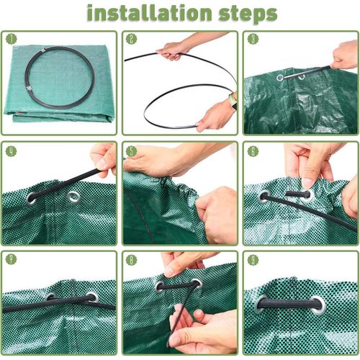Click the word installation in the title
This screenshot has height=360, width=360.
pyautogui.click(x=148, y=13)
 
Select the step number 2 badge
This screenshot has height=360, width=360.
pyautogui.click(x=131, y=39)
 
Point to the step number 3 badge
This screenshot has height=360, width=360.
pyautogui.click(x=252, y=39)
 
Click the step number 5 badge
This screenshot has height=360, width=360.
pyautogui.click(x=131, y=151)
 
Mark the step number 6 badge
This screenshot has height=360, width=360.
pyautogui.click(x=252, y=151)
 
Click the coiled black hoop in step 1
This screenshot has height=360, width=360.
pyautogui.click(x=58, y=78)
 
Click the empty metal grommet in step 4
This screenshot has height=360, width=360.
pyautogui.click(x=73, y=196)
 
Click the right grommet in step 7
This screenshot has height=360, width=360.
pyautogui.click(x=91, y=297)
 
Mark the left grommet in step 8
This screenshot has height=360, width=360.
pyautogui.click(x=161, y=286)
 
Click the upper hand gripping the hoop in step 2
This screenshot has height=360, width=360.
pyautogui.click(x=173, y=50)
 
